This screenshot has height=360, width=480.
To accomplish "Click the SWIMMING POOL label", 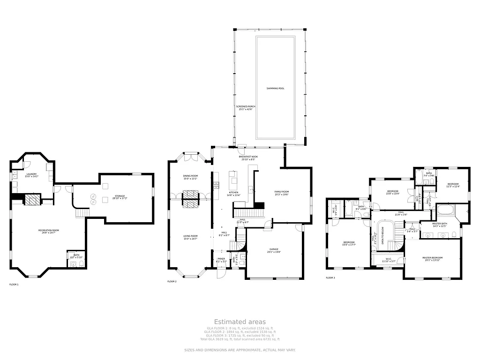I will click(x=275, y=89).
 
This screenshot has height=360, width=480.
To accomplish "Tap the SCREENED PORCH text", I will click(x=246, y=108).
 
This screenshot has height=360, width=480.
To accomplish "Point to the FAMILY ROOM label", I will click(x=282, y=193).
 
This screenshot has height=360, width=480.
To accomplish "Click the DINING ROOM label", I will click(x=190, y=177).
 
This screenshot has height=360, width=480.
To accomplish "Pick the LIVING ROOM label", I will click(x=190, y=237).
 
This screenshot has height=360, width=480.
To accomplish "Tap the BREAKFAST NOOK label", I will click(x=249, y=158).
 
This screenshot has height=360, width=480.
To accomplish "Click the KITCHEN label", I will click(x=233, y=194).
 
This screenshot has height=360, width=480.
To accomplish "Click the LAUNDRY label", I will click(x=31, y=175).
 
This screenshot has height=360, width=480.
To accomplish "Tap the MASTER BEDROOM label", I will click(x=432, y=259).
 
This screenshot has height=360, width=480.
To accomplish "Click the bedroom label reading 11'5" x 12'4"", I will click(x=453, y=185).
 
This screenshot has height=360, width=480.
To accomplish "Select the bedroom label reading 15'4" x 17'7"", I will click(x=348, y=244).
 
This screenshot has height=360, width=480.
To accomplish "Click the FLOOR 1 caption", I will click(x=14, y=285).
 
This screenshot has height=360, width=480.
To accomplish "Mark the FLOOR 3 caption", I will click(x=330, y=278).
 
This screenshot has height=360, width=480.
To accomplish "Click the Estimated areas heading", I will click(x=240, y=322).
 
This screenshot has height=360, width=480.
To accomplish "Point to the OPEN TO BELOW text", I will click(x=383, y=234).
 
